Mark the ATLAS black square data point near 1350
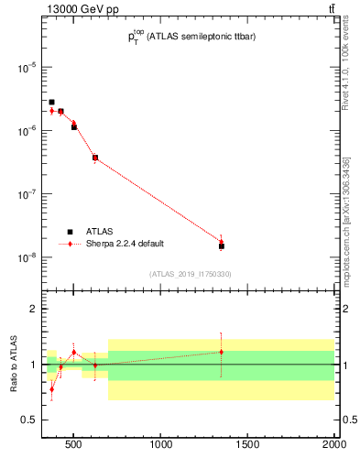point(222,246)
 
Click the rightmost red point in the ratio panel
point(222,352)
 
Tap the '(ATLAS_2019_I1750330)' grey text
point(191,274)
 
